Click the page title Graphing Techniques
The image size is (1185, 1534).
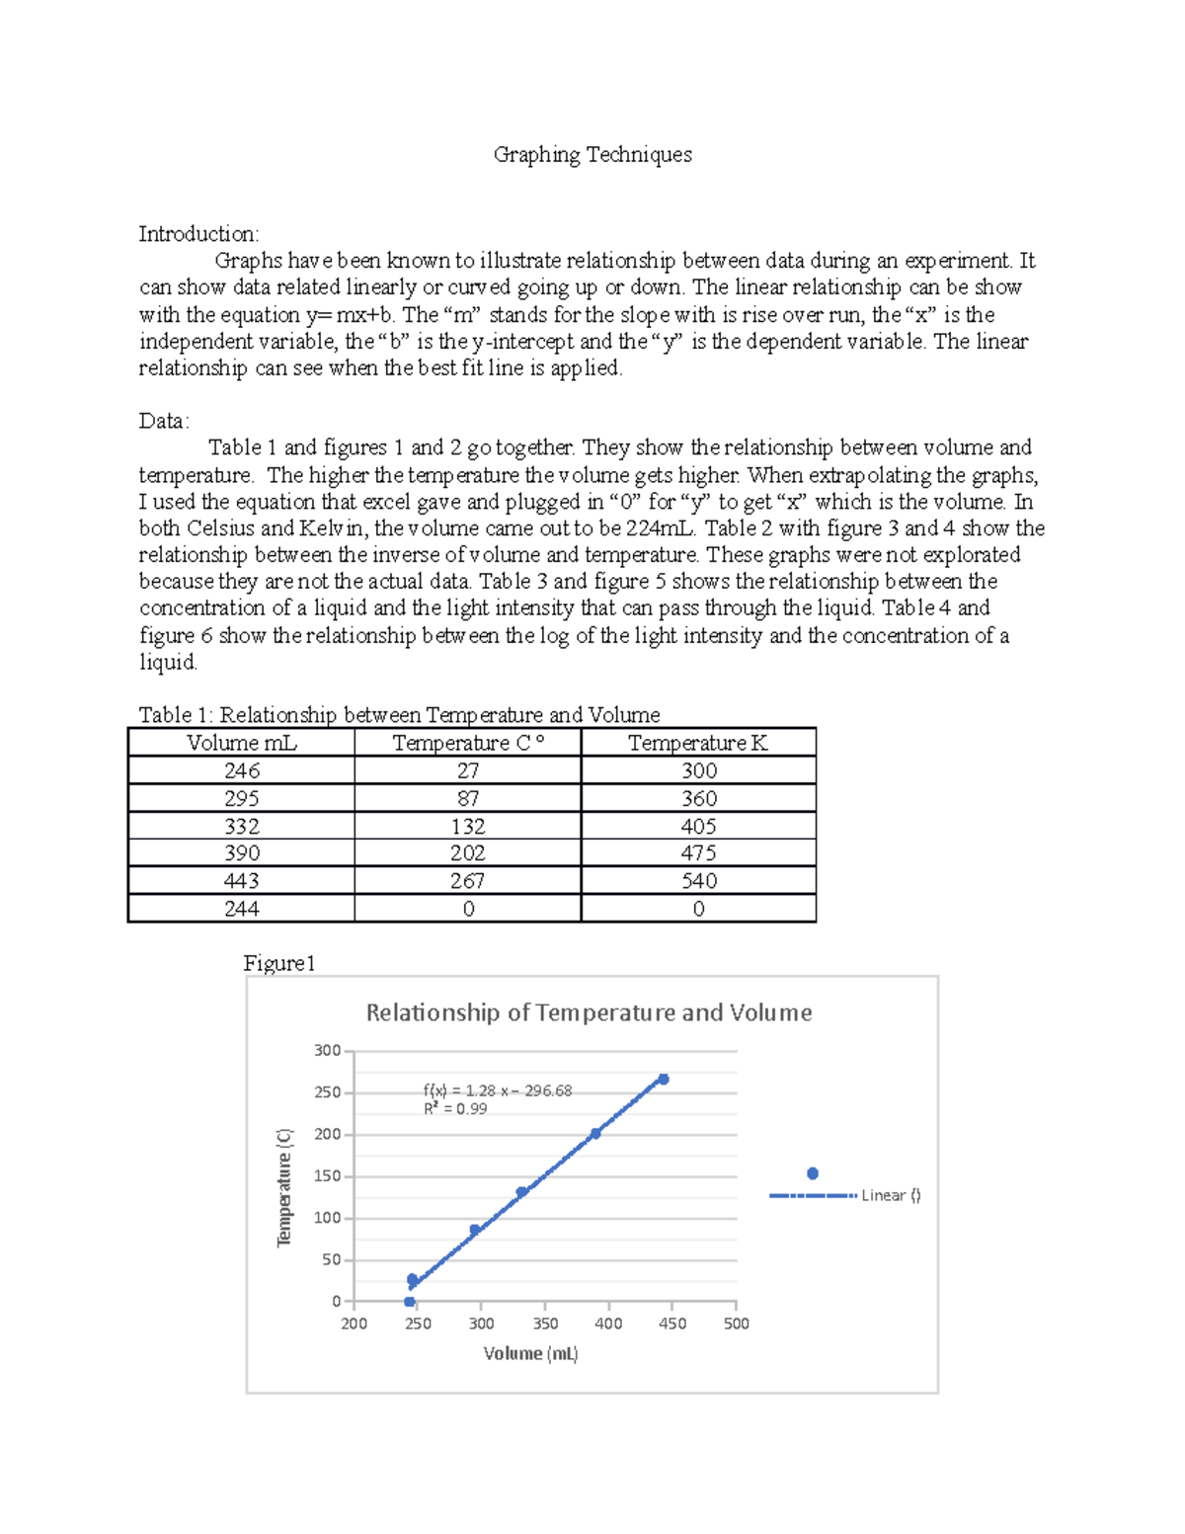592,155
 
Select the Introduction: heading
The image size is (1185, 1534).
198,234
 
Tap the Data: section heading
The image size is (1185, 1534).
164,421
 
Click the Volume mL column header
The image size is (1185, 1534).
241,743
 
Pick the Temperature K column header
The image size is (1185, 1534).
698,743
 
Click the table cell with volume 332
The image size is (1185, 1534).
241,826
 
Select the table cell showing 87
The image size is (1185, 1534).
468,798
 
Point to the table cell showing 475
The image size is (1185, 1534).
698,853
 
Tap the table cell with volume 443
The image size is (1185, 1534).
241,881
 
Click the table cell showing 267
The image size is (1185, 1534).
468,881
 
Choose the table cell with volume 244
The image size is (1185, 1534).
241,909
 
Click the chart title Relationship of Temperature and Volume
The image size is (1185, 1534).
589,1012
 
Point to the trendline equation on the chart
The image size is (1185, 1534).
497,1090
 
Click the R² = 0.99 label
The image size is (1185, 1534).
455,1109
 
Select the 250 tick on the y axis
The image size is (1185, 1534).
327,1092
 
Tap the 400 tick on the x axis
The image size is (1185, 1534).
608,1324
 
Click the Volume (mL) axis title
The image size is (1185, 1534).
530,1353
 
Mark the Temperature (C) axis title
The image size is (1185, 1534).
284,1187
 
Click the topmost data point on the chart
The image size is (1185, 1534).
664,1080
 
